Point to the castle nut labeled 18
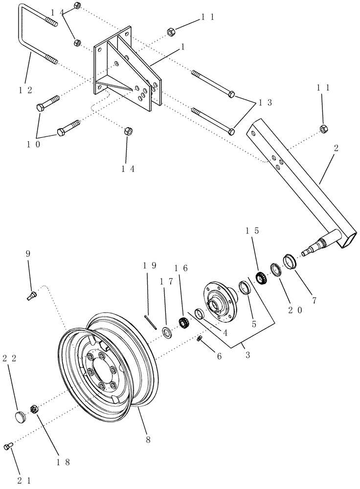[x=34, y=409]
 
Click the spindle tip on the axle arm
[x=307, y=252]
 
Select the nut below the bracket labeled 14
[x=127, y=131]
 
